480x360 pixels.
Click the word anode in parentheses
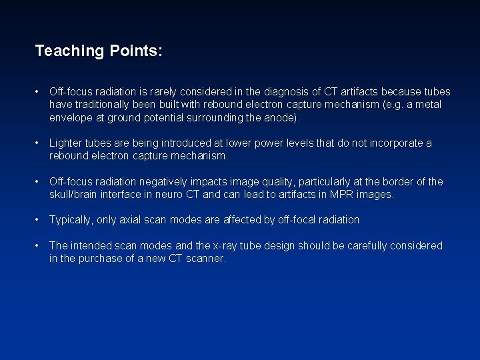tap(283, 118)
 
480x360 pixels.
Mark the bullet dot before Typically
tap(40, 220)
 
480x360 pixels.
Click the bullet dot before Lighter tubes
tap(40, 143)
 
